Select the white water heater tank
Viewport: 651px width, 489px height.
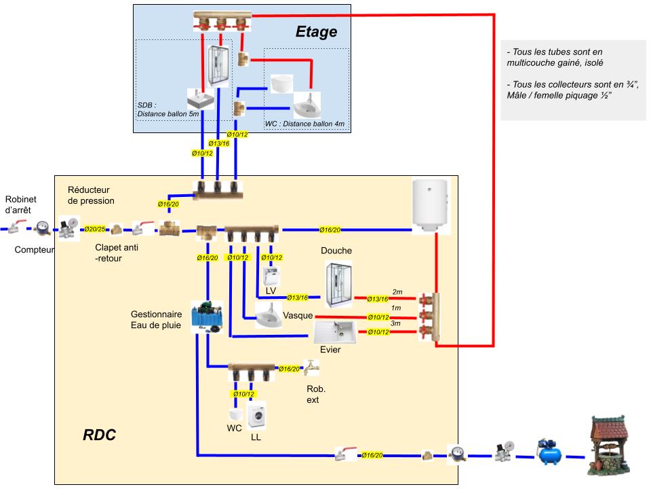coord(431,204)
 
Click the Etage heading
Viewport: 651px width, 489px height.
coord(316,32)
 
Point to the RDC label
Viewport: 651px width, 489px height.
coord(99,435)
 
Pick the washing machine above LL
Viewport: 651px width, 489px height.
coord(256,416)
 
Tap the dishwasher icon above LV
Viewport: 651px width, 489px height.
coord(272,274)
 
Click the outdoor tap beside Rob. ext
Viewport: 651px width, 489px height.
coord(311,367)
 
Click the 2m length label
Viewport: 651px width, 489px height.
coord(397,292)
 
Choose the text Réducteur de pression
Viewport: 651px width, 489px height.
coord(91,195)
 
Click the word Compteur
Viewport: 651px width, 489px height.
coord(34,250)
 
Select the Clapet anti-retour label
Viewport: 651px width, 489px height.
coord(117,253)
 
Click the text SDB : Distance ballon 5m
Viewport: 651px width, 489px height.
coord(168,109)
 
